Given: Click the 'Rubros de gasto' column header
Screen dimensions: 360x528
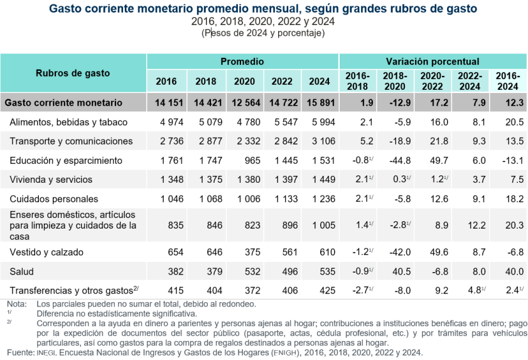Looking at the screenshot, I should [73, 73].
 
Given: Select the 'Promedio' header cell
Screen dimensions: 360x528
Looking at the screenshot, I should [242, 62].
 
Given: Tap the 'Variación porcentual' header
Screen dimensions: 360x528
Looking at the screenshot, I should [433, 62].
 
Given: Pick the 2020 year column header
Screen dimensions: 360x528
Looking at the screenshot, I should [244, 81].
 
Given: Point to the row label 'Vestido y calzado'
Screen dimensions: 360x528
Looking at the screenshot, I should [46, 252].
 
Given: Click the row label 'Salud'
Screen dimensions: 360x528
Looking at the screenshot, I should [22, 271].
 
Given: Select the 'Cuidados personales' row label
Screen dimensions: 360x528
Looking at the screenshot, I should [54, 199].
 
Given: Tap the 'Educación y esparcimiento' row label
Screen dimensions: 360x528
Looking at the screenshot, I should [66, 160].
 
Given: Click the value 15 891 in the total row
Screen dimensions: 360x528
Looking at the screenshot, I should [319, 102].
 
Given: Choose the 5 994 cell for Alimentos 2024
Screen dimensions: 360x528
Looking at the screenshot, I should [319, 121].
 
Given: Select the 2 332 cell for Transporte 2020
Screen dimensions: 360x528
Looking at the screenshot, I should [244, 141].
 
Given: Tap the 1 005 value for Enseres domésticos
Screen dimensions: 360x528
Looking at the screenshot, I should [319, 225].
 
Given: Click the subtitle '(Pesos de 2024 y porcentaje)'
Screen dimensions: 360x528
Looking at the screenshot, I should [263, 33].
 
